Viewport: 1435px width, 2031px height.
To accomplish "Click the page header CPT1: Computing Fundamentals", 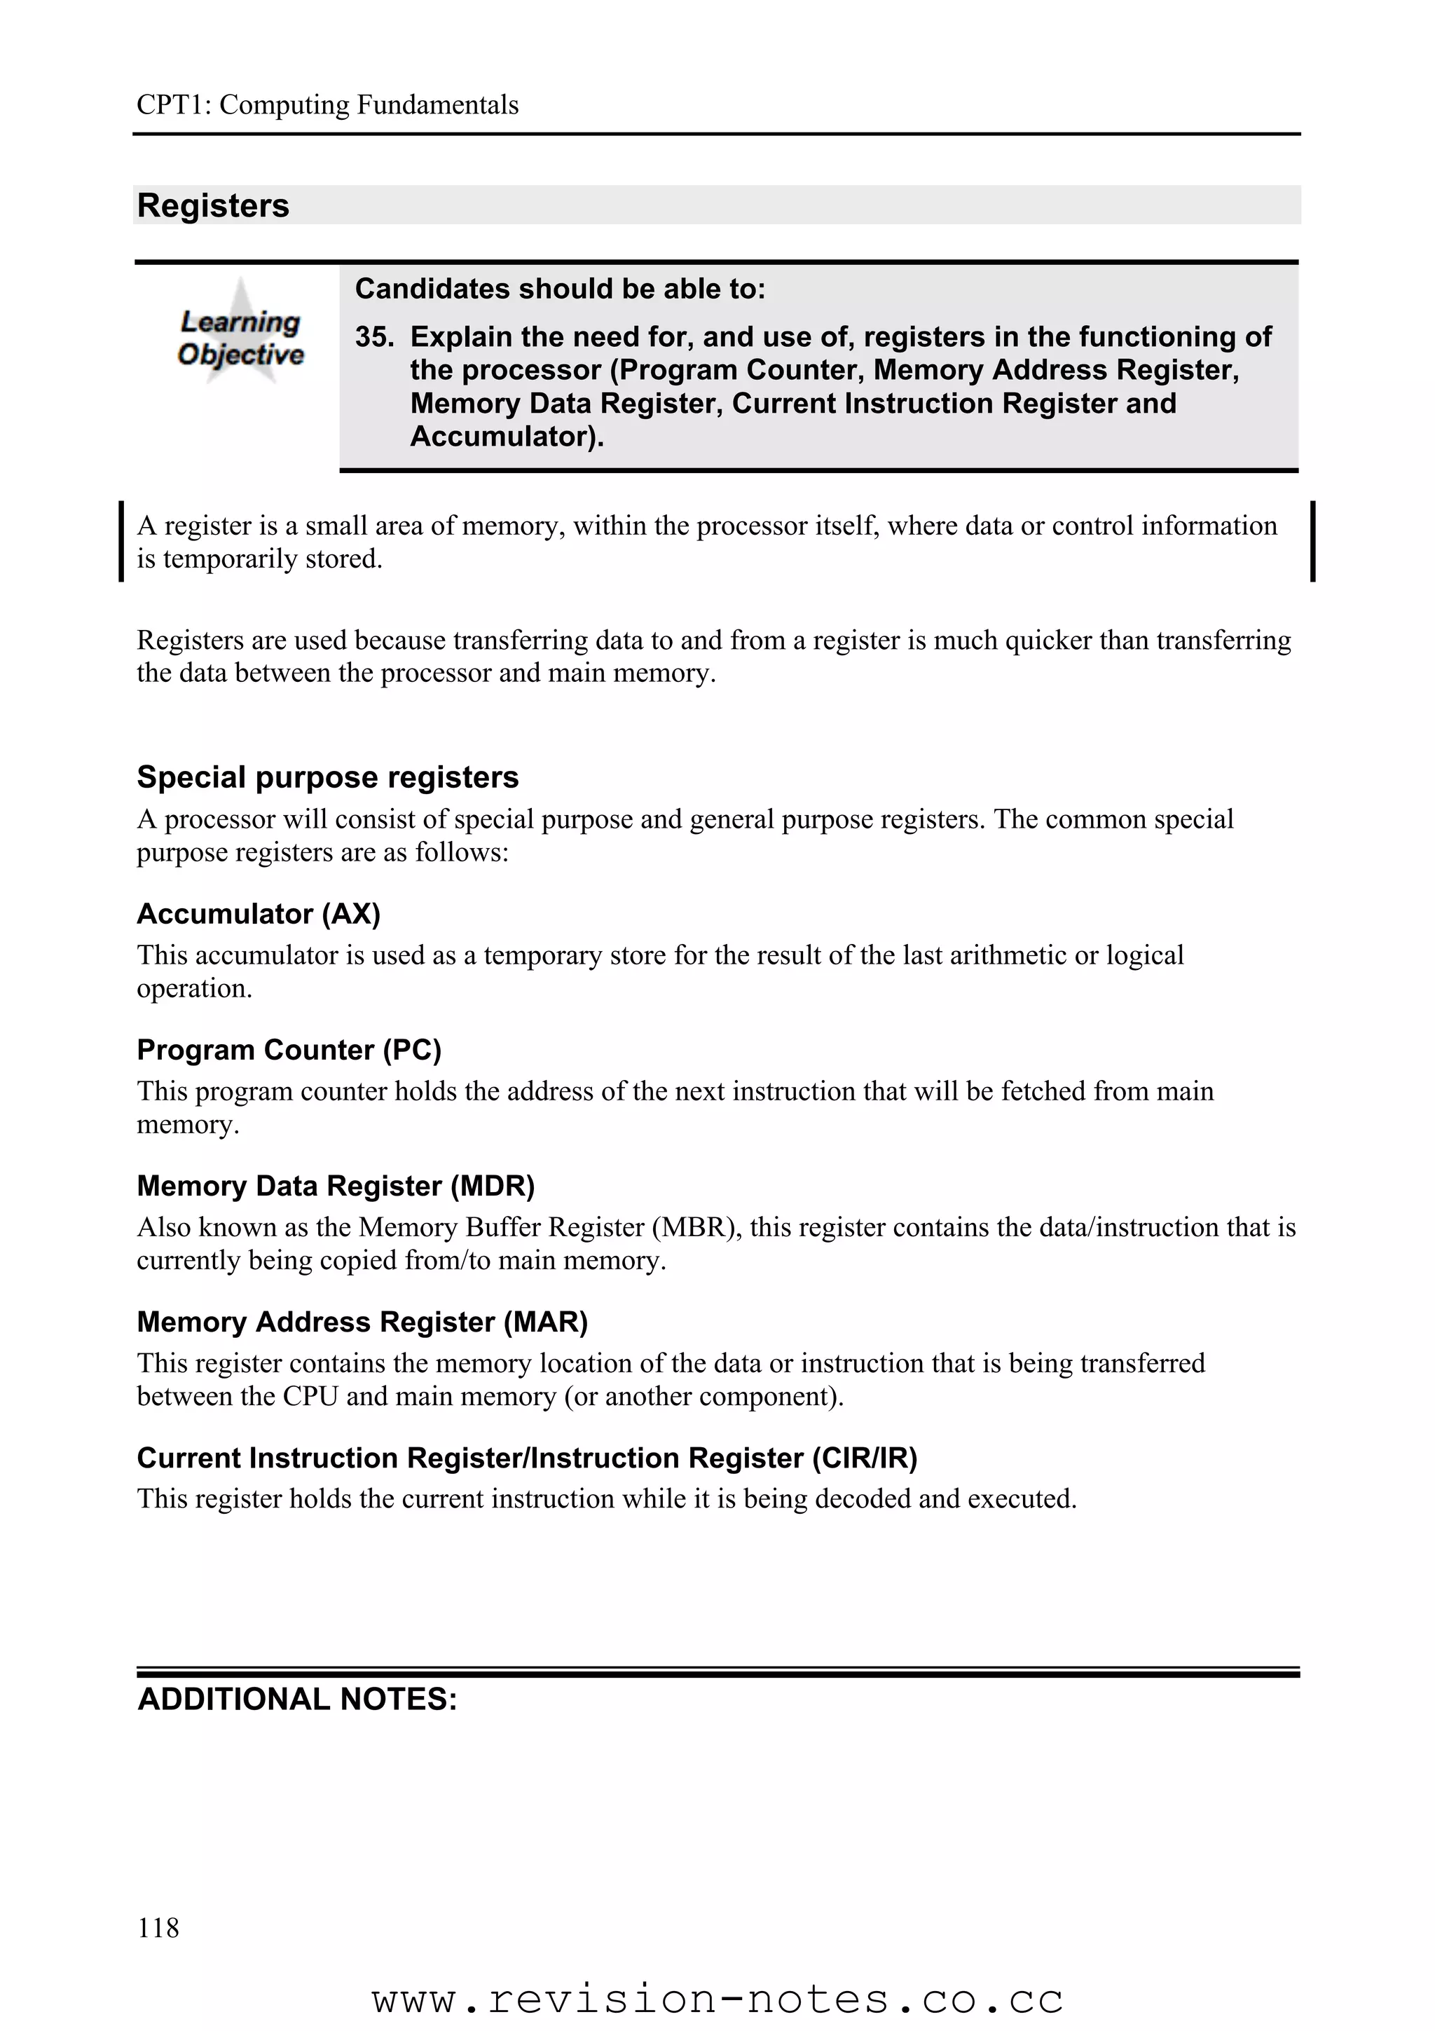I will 327,105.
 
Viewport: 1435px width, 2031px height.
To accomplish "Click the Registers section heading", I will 213,206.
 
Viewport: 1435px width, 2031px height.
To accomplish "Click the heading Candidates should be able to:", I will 560,289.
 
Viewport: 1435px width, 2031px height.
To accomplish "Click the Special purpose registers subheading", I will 327,777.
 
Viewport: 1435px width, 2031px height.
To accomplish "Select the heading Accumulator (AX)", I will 258,914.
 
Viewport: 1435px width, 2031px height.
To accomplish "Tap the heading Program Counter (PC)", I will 288,1050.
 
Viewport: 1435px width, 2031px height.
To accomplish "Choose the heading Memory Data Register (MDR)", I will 335,1187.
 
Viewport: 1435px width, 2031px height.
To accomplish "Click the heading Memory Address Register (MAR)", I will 362,1322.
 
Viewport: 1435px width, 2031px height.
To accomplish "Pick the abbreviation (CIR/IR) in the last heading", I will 864,1458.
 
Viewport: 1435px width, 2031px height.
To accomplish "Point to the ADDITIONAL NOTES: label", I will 297,1700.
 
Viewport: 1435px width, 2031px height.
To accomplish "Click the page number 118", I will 158,1927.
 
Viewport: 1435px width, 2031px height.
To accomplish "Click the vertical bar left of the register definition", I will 121,541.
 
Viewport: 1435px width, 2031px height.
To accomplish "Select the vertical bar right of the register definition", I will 1313,541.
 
